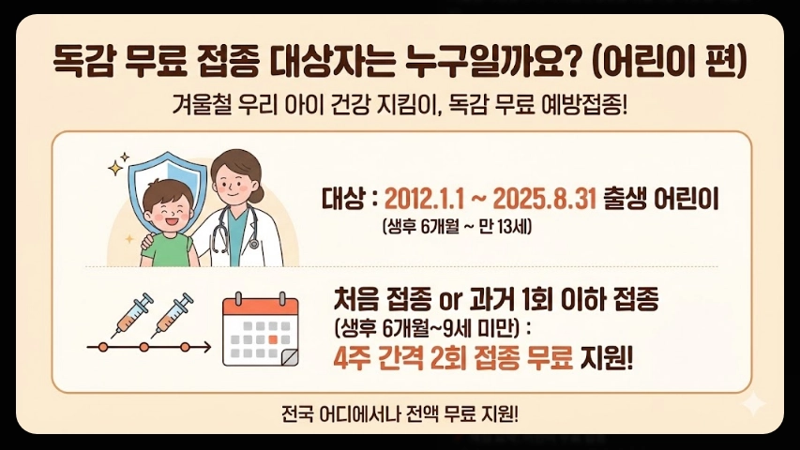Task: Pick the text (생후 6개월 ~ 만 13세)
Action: tap(457, 226)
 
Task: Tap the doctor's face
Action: tap(230, 179)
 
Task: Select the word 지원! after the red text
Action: tap(607, 359)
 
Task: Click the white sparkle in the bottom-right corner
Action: tap(751, 404)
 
